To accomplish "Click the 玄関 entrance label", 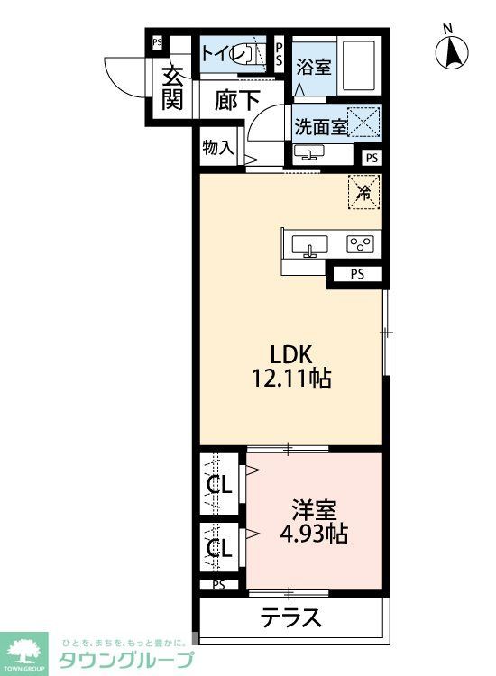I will pyautogui.click(x=171, y=87).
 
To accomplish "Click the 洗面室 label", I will pyautogui.click(x=320, y=126).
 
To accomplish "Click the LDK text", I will pyautogui.click(x=293, y=352).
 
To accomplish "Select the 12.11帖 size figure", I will pyautogui.click(x=292, y=379).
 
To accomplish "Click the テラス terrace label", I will pyautogui.click(x=291, y=618).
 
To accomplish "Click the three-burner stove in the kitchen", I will pyautogui.click(x=362, y=243).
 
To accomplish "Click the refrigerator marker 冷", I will pyautogui.click(x=364, y=190).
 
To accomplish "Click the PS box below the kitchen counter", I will pyautogui.click(x=358, y=275).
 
